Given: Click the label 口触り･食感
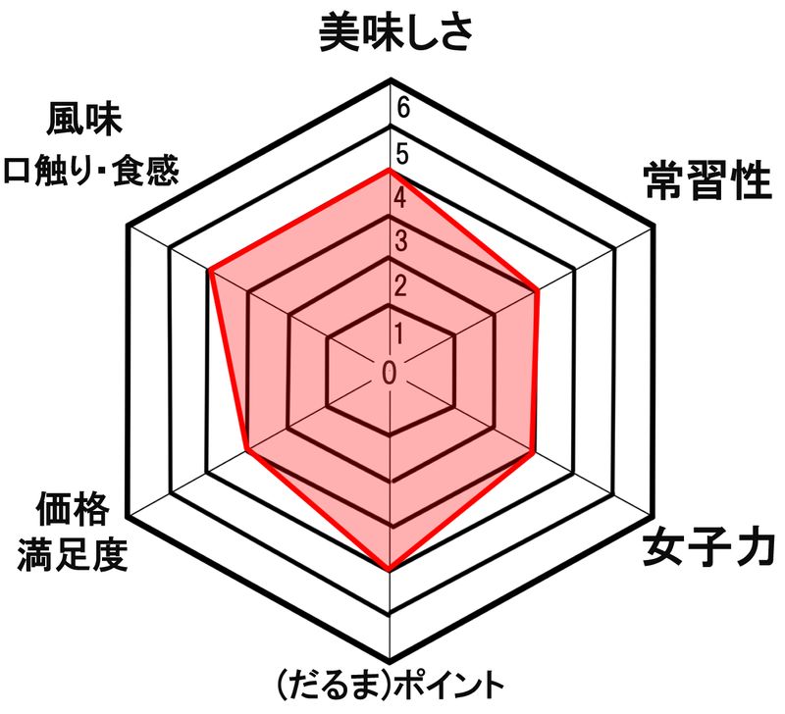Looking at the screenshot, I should click(x=90, y=172).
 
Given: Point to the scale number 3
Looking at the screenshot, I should click(x=401, y=241).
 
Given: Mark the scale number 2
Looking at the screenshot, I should click(x=401, y=285).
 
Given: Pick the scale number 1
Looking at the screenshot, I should click(x=399, y=331).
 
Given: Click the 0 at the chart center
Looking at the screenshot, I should click(x=390, y=373).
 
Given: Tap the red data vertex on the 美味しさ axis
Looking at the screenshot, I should click(x=391, y=170).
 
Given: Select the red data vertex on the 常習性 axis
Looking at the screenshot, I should click(x=539, y=290).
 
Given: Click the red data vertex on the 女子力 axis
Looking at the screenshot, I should click(x=532, y=453).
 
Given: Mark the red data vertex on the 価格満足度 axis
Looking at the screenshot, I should click(x=245, y=453).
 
